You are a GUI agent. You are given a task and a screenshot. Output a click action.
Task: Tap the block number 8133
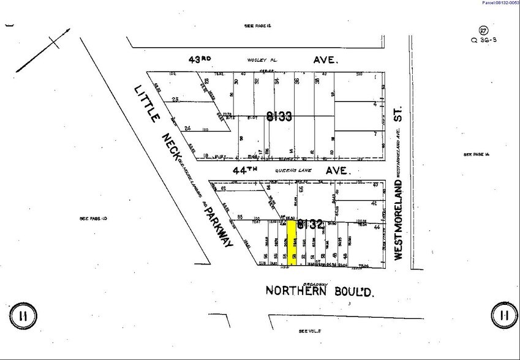pyautogui.click(x=279, y=116)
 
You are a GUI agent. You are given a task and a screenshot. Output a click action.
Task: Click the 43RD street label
pyautogui.click(x=200, y=60)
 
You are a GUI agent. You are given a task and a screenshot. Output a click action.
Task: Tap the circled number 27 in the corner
pyautogui.click(x=484, y=31)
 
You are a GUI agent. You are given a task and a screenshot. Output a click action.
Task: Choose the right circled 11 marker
pyautogui.click(x=504, y=315)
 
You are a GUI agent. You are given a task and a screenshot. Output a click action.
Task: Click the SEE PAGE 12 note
pyautogui.click(x=257, y=26)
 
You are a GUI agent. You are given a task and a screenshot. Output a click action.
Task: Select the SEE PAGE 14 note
pyautogui.click(x=478, y=154)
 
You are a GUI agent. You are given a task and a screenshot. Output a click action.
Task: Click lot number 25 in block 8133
pyautogui.click(x=175, y=100)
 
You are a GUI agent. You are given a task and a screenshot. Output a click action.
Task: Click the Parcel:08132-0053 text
pyautogui.click(x=500, y=3)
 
